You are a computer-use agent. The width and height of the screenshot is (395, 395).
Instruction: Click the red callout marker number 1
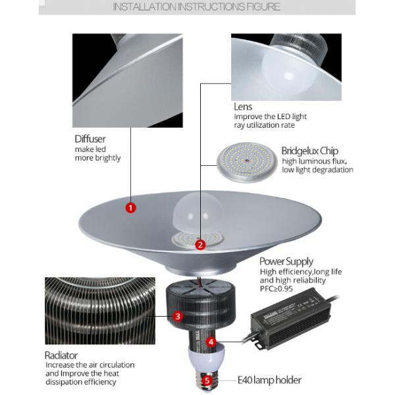click(x=130, y=208)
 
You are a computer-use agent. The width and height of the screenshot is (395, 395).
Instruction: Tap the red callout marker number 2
click(x=201, y=244)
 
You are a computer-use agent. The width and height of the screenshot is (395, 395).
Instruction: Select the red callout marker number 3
click(x=178, y=316)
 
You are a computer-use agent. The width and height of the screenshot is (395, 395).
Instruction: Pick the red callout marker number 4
click(x=211, y=342)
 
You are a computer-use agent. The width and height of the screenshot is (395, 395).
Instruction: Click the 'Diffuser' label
click(x=90, y=139)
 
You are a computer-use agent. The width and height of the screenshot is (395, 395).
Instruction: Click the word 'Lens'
click(x=243, y=106)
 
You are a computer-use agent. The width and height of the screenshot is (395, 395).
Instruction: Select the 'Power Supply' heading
click(x=286, y=261)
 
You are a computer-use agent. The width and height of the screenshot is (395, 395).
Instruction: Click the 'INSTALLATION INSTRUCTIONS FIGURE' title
click(x=197, y=7)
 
